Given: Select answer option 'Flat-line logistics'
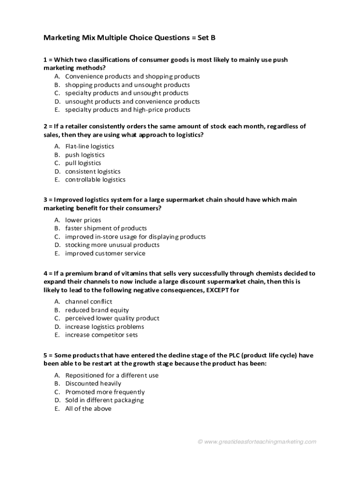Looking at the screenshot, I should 89,146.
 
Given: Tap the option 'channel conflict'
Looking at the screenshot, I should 88,302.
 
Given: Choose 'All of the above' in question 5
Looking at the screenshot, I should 88,409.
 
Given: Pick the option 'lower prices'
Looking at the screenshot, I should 83,220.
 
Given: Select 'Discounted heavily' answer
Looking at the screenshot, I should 93,384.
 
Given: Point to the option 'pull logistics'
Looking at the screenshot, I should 83,163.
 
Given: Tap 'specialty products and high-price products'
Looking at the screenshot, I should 128,110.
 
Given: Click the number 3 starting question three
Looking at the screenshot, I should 45,200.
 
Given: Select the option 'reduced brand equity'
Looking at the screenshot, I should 97,310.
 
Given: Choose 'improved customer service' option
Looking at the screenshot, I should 105,254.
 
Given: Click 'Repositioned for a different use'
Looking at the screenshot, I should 112,375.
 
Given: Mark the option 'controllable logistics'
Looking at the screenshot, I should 95,180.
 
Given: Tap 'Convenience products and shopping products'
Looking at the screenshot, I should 132,76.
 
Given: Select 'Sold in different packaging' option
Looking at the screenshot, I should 104,400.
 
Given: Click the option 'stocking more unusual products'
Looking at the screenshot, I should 112,245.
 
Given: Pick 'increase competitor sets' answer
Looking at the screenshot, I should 101,335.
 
